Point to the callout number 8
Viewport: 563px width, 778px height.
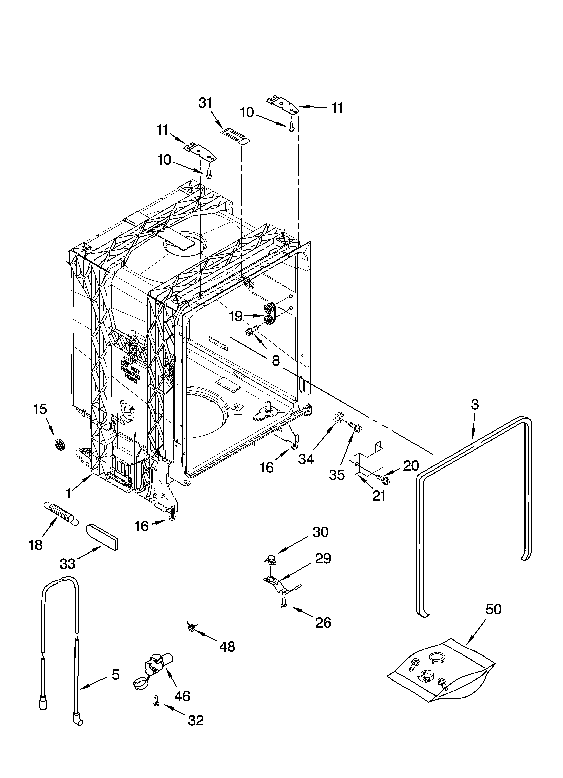pos(276,360)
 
